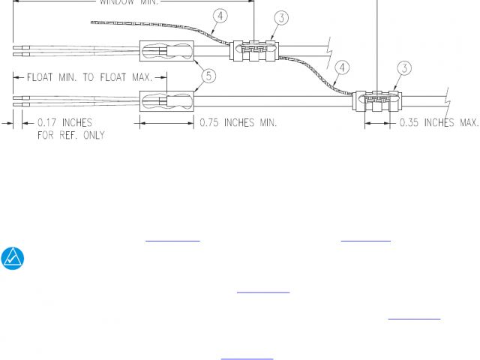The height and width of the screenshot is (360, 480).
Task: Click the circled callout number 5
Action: (x=209, y=75)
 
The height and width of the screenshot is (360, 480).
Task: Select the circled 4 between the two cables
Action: (x=341, y=68)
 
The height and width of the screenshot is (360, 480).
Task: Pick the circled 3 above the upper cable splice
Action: (x=280, y=17)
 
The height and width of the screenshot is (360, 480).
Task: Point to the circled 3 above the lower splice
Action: (x=404, y=69)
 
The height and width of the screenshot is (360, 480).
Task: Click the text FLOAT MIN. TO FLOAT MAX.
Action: (x=90, y=77)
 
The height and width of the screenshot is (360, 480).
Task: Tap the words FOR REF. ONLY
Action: (x=71, y=136)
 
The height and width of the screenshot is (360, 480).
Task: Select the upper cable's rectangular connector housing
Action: (x=166, y=52)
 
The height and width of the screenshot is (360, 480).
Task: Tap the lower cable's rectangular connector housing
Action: (x=166, y=99)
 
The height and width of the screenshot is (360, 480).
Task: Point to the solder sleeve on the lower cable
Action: (x=378, y=100)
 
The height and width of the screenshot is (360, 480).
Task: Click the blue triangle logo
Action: (x=13, y=258)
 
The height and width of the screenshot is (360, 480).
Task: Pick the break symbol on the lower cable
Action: (x=448, y=97)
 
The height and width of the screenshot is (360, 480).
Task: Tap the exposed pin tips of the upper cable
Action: (x=21, y=50)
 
